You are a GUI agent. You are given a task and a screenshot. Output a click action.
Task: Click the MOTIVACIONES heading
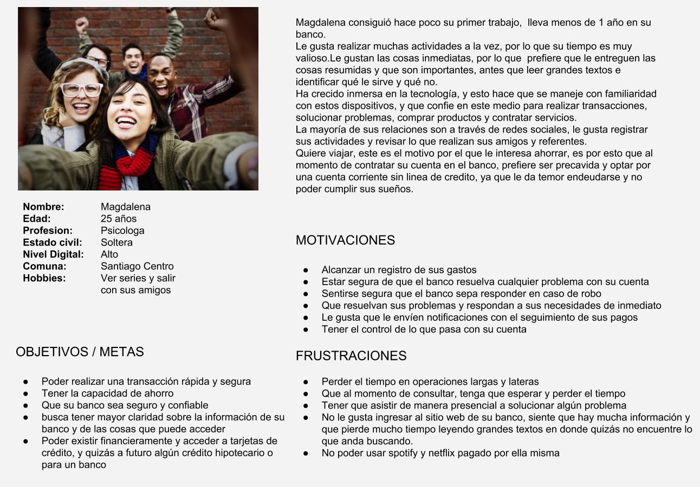tap(345, 240)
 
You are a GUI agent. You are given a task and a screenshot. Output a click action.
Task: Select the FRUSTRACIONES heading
tap(351, 356)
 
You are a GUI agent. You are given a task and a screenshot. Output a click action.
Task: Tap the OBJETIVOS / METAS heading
tap(80, 352)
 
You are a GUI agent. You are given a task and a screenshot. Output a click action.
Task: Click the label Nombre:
tap(43, 207)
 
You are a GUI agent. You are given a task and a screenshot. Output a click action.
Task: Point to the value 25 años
tap(119, 219)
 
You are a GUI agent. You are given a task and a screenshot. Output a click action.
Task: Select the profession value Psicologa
tap(122, 231)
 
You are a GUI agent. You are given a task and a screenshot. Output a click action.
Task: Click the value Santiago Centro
tap(137, 266)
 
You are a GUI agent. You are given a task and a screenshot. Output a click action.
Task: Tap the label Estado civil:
tap(53, 242)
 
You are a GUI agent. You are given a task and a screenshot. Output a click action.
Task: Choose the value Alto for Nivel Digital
tap(109, 254)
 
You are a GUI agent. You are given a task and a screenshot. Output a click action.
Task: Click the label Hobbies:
tap(44, 278)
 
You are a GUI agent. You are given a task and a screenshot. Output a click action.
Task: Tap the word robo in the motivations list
tap(591, 294)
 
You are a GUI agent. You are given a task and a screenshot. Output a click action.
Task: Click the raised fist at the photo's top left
tap(82, 24)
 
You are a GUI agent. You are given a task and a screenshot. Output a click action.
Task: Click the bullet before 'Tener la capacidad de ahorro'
tap(26, 393)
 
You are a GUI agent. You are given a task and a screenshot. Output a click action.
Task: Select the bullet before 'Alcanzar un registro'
tap(306, 270)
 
